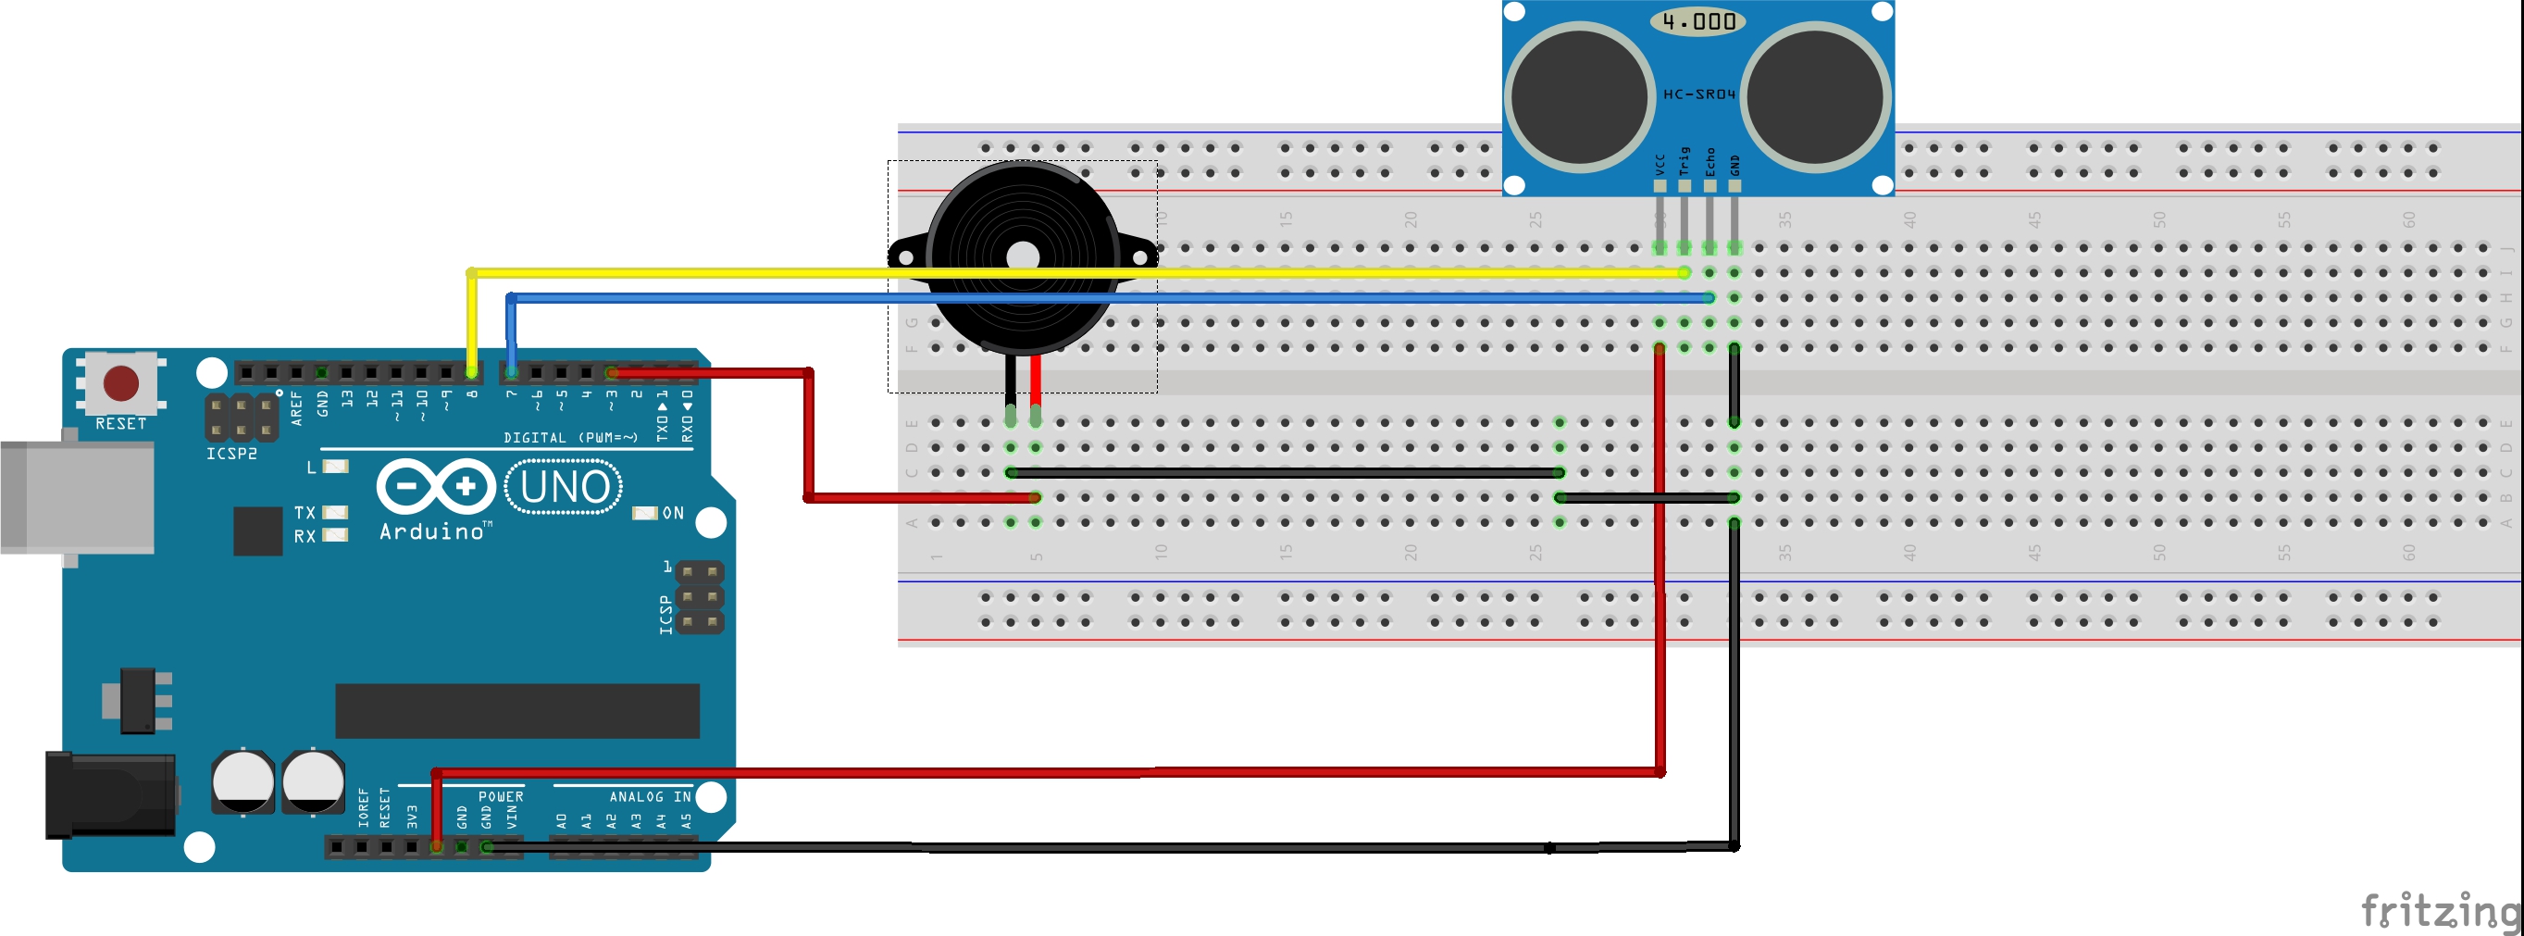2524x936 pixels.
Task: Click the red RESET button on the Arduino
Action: (x=120, y=382)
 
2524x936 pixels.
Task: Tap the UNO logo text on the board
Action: (x=565, y=487)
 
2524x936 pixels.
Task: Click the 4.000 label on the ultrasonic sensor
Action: (x=1697, y=20)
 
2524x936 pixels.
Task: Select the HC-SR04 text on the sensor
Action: (x=1698, y=94)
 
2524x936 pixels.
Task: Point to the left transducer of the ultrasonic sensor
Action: (x=1578, y=97)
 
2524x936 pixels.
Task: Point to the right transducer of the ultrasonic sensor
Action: (x=1815, y=97)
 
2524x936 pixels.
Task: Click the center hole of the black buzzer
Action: (x=1022, y=256)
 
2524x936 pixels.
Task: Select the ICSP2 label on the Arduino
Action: (x=231, y=454)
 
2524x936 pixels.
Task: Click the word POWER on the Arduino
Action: (x=500, y=797)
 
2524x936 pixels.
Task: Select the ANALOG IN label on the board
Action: (x=650, y=797)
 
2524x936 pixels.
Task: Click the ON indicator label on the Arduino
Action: (x=672, y=513)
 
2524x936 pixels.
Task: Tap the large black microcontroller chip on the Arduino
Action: (x=516, y=711)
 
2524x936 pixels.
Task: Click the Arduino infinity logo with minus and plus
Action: (x=436, y=486)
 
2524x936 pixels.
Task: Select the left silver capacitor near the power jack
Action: (x=242, y=781)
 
